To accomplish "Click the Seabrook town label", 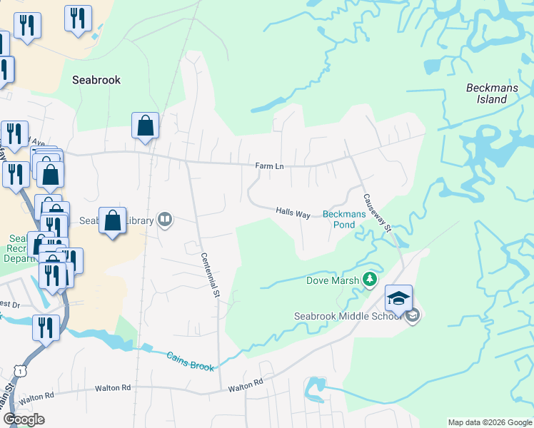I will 96,80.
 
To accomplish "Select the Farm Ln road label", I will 270,166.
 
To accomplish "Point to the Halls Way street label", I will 293,213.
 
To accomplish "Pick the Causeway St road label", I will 376,214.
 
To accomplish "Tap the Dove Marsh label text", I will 333,280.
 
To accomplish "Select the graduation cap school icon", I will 398,297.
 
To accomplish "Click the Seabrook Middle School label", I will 348,316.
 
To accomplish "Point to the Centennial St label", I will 210,275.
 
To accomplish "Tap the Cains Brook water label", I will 191,361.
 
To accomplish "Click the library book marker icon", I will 165,219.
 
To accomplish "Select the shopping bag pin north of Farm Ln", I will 145,126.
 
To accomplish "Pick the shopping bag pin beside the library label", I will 113,220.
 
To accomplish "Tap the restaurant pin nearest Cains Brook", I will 46,328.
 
